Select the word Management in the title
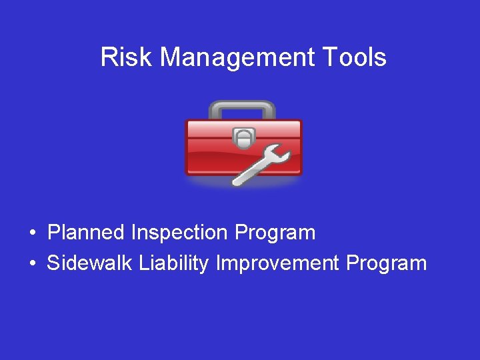pos(236,59)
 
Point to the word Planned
pos(86,233)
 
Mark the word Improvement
pos(277,264)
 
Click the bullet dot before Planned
pos(33,233)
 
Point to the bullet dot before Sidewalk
pos(33,264)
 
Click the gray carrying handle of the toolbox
pos(242,106)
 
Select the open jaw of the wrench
pos(281,156)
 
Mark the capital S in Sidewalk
pos(53,263)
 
